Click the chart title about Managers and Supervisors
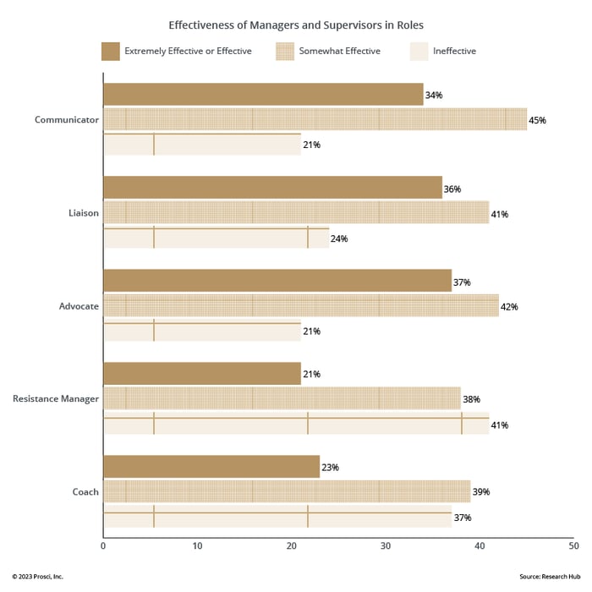pyautogui.click(x=296, y=25)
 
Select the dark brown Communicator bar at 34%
pyautogui.click(x=263, y=95)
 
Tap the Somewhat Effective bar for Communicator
pyautogui.click(x=315, y=119)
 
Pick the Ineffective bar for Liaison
pyautogui.click(x=216, y=238)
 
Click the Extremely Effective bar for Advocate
pyautogui.click(x=277, y=281)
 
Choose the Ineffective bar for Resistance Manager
pyautogui.click(x=296, y=424)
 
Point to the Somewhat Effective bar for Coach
pyautogui.click(x=287, y=491)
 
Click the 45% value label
pyautogui.click(x=537, y=120)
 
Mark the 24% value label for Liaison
pyautogui.click(x=339, y=238)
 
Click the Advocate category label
pyautogui.click(x=78, y=305)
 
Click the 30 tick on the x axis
pyautogui.click(x=385, y=546)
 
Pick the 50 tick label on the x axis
pyautogui.click(x=573, y=546)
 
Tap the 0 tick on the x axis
pyautogui.click(x=103, y=546)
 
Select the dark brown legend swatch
pyautogui.click(x=110, y=51)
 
